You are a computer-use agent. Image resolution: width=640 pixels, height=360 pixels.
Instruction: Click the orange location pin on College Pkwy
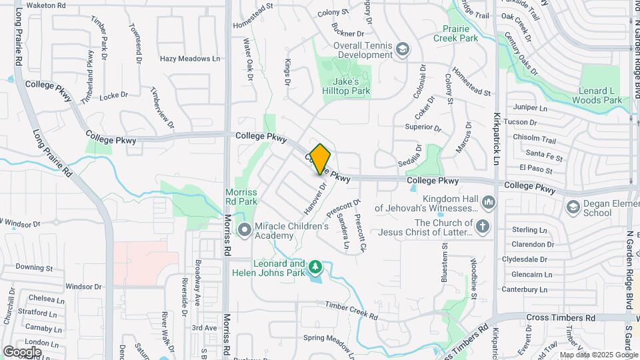pyautogui.click(x=321, y=159)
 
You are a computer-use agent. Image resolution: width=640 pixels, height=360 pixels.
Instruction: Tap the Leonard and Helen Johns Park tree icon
pyautogui.click(x=315, y=268)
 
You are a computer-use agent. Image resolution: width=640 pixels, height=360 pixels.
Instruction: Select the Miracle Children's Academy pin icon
pyautogui.click(x=244, y=231)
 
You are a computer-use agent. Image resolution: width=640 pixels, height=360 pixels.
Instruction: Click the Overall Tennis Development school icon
pyautogui.click(x=403, y=49)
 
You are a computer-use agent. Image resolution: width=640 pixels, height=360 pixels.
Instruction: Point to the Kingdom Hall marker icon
pyautogui.click(x=489, y=201)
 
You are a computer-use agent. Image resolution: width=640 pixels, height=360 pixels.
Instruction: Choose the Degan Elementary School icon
pyautogui.click(x=573, y=207)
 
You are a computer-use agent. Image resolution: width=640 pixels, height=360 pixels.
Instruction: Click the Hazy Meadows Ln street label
pyautogui.click(x=190, y=59)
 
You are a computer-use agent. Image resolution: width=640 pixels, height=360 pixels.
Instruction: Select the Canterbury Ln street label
pyautogui.click(x=523, y=289)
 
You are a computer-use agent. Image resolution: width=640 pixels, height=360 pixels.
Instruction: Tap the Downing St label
pyautogui.click(x=34, y=267)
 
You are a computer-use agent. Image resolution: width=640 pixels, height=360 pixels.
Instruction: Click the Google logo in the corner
pyautogui.click(x=22, y=351)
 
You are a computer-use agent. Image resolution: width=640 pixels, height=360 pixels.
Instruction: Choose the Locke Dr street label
pyautogui.click(x=109, y=97)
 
